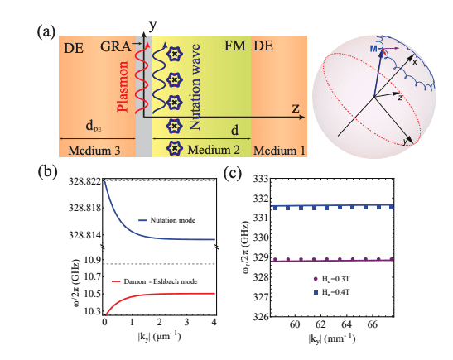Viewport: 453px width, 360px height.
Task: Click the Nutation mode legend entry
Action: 176,221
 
